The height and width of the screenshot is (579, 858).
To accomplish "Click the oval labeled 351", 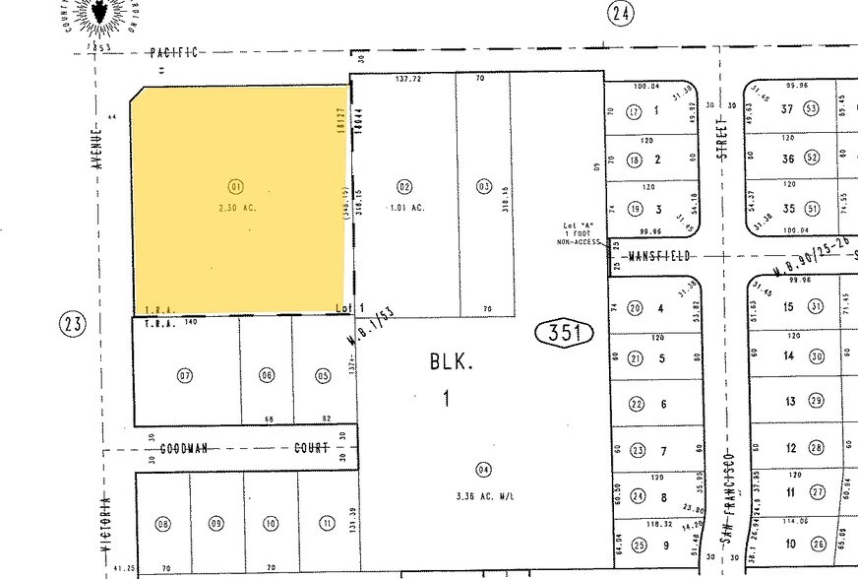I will click(x=566, y=334).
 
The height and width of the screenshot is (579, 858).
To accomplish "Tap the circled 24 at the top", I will click(x=619, y=13).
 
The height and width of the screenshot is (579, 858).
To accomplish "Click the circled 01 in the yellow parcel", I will click(x=235, y=186).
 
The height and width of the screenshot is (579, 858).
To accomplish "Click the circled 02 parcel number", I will click(x=403, y=186).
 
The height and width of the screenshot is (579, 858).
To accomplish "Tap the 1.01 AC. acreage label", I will click(x=405, y=207).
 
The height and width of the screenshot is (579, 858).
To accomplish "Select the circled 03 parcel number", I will click(x=483, y=186).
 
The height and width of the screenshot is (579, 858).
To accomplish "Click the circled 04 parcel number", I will click(x=482, y=469).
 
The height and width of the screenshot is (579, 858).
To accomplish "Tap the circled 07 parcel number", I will click(x=185, y=375).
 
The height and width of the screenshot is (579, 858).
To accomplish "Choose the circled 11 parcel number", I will click(x=326, y=523).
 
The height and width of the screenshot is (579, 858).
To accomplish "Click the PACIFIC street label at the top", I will click(x=174, y=52).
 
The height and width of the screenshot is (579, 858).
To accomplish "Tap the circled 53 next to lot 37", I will click(x=812, y=108).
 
